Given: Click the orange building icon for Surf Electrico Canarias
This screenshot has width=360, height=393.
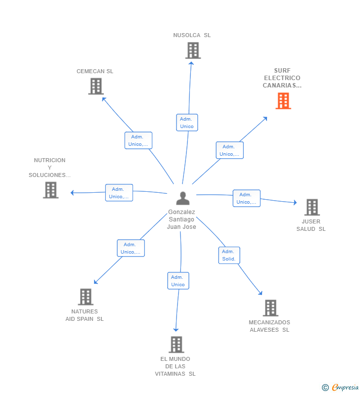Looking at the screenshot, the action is [x=283, y=101].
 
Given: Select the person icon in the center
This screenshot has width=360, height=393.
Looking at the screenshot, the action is [x=183, y=198].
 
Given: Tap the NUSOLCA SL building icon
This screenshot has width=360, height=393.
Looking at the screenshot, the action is [x=193, y=50].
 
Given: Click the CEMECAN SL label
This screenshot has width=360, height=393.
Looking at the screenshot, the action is [x=95, y=71].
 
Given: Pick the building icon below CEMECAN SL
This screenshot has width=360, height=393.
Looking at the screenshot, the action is [x=96, y=86].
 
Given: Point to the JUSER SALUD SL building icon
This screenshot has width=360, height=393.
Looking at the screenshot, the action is [x=312, y=207].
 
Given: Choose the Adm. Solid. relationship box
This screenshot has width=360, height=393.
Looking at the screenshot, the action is [x=229, y=255].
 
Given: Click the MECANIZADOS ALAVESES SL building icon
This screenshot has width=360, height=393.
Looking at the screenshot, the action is [x=271, y=308].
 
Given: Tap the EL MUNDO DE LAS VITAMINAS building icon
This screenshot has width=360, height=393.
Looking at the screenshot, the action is [x=177, y=345].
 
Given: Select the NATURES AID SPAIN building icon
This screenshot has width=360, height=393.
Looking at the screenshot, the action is [x=86, y=297].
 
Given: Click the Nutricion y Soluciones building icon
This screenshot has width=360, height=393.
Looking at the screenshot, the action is [x=50, y=190].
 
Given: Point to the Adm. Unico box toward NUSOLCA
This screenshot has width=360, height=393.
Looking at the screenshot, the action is [x=187, y=123].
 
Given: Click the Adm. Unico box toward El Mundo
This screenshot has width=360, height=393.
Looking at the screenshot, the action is [x=178, y=281].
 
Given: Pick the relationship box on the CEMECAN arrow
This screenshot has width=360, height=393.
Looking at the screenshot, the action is [x=138, y=140].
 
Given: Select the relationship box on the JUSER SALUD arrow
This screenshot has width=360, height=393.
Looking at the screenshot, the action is [x=247, y=198].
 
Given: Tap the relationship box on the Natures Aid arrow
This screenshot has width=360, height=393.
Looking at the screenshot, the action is [x=131, y=248].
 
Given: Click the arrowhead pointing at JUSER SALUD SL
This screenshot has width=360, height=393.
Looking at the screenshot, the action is [x=295, y=202].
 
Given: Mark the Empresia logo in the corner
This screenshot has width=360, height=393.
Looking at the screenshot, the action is [x=340, y=388].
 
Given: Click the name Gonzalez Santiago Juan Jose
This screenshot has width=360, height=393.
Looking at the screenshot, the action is [x=181, y=219].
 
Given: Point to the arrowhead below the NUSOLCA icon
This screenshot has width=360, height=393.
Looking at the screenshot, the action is [x=191, y=63].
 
